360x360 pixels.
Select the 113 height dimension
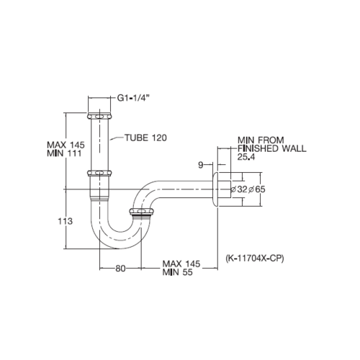65,222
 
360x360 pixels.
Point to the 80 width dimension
120,269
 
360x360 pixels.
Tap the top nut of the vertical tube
100,115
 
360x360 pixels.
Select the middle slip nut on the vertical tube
100,174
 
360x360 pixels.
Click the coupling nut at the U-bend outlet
143,212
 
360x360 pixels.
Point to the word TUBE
135,138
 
